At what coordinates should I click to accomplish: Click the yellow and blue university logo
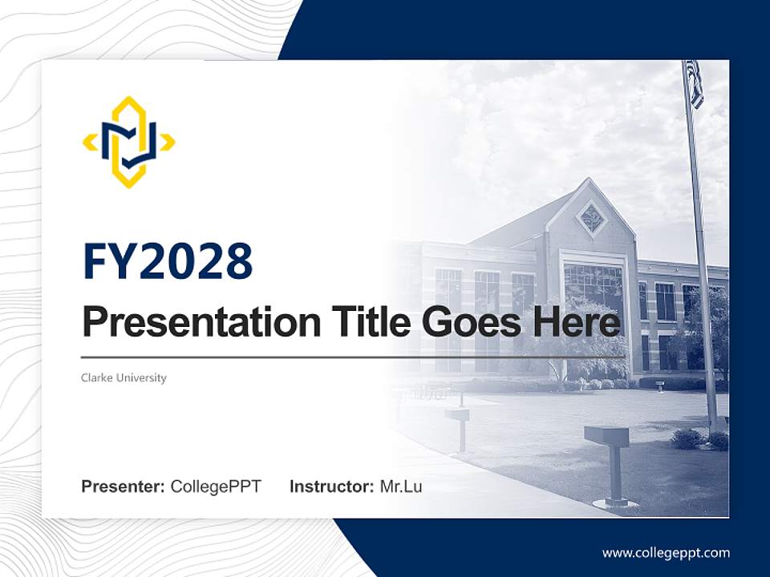tap(128, 142)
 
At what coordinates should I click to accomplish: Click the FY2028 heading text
tap(168, 262)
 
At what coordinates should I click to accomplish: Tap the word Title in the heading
tap(368, 321)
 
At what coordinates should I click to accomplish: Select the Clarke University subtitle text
tap(124, 377)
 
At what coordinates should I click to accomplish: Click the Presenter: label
tap(124, 486)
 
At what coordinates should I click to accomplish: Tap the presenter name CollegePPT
tap(216, 486)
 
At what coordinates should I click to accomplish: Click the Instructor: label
tap(331, 486)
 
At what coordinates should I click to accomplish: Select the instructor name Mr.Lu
tap(400, 486)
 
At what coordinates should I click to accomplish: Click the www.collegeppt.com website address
tap(666, 553)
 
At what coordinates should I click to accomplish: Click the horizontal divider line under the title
tap(353, 357)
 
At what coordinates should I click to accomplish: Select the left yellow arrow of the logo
tap(91, 143)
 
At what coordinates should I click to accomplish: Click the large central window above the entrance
tap(593, 284)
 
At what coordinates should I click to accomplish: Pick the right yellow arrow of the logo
tap(167, 143)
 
